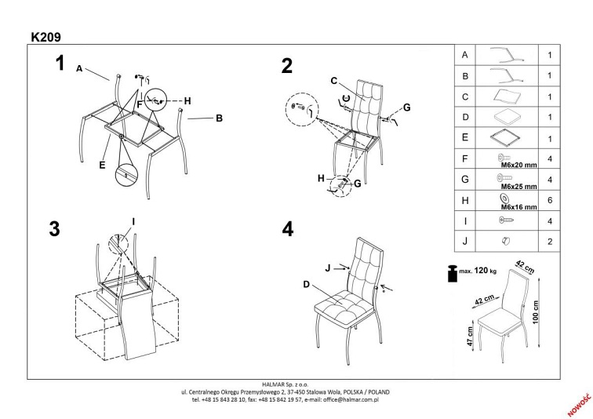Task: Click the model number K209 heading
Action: click(x=45, y=36)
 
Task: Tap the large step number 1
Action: click(x=59, y=64)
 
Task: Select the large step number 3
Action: click(x=54, y=228)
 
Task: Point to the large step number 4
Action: click(x=287, y=228)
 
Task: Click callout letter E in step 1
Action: click(x=102, y=166)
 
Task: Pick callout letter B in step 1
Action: click(x=220, y=119)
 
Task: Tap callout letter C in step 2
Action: click(x=333, y=80)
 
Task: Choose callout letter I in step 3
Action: click(x=134, y=221)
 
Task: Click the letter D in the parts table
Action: click(x=466, y=117)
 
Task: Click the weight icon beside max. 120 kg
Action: click(x=453, y=272)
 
